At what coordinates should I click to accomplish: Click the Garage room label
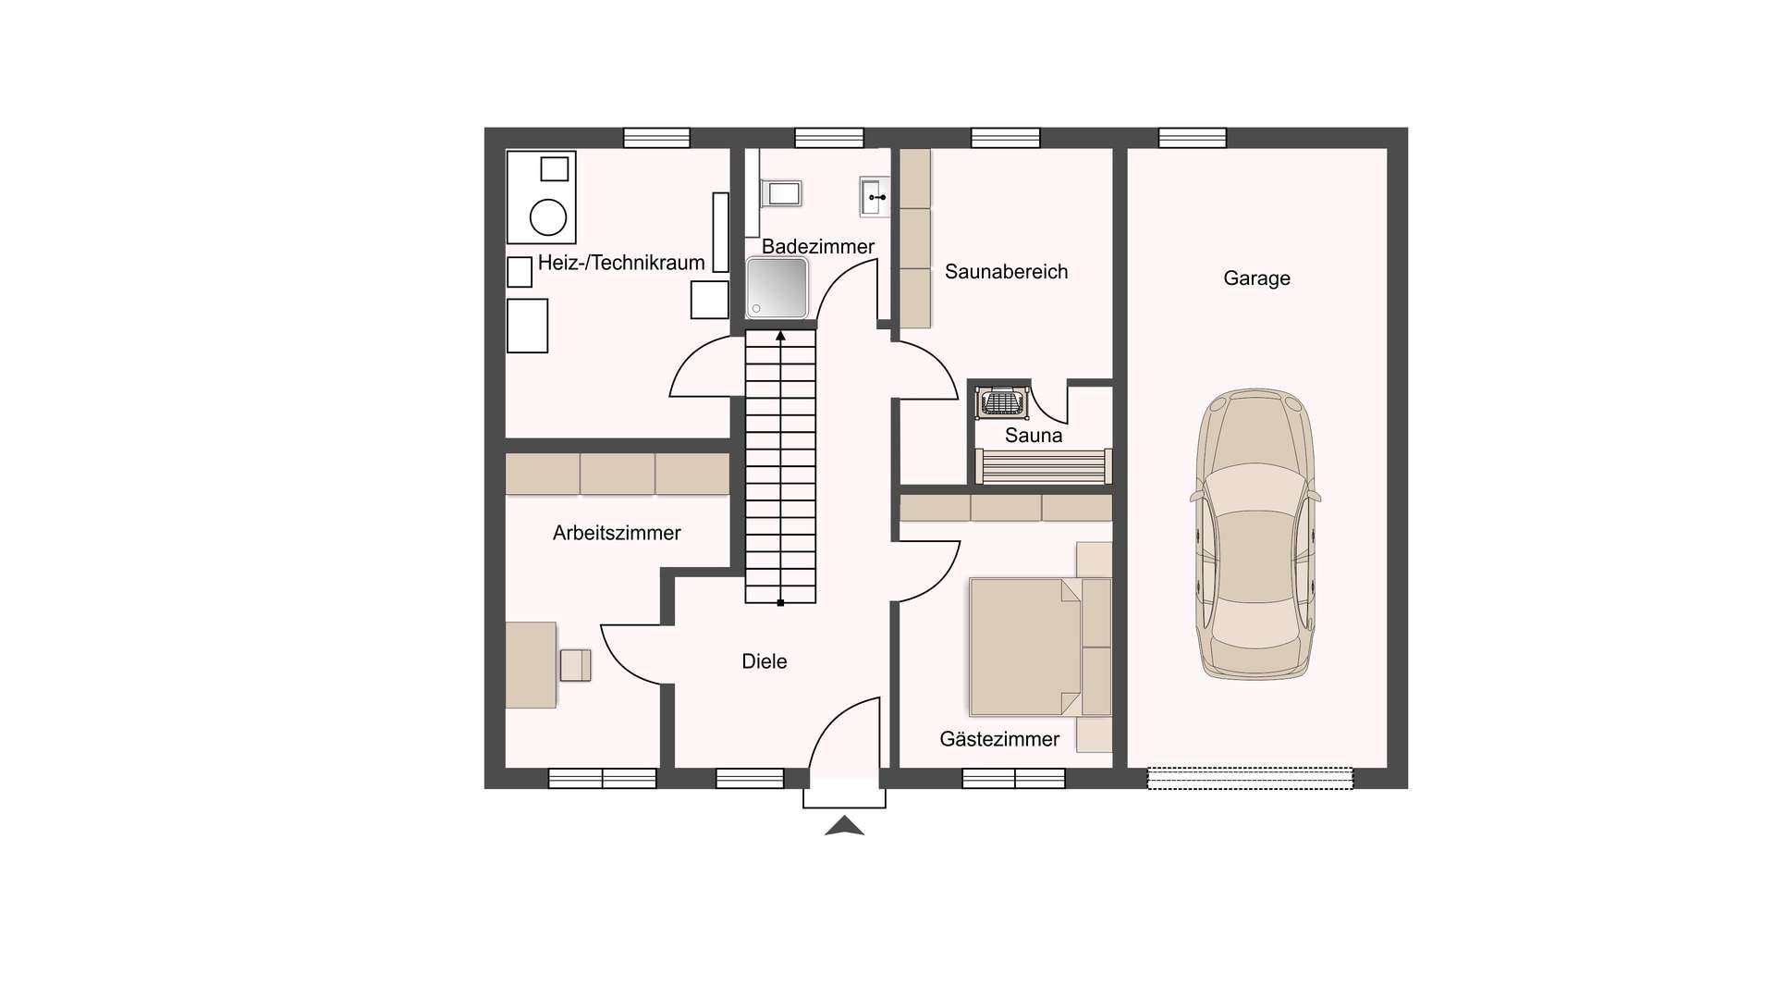pyautogui.click(x=1256, y=278)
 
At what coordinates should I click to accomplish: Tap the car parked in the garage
pyautogui.click(x=1255, y=535)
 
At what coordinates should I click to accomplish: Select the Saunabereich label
pyautogui.click(x=1006, y=272)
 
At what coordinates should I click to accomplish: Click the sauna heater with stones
pyautogui.click(x=1002, y=402)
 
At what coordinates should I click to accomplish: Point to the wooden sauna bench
pyautogui.click(x=1044, y=466)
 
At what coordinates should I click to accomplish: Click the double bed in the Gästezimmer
pyautogui.click(x=1040, y=647)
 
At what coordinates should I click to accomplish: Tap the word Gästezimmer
pyautogui.click(x=999, y=739)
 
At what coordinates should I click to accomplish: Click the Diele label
pyautogui.click(x=765, y=661)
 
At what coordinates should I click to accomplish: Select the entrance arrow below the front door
pyautogui.click(x=844, y=826)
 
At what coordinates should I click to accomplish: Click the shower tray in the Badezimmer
pyautogui.click(x=777, y=289)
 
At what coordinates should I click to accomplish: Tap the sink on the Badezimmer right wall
pyautogui.click(x=875, y=197)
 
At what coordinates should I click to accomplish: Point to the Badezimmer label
pyautogui.click(x=818, y=247)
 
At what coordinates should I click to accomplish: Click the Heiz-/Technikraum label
pyautogui.click(x=621, y=263)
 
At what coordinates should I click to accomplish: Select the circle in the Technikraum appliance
pyautogui.click(x=548, y=218)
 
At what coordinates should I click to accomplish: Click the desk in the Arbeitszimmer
pyautogui.click(x=531, y=665)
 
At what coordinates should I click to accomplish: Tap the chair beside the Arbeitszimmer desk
pyautogui.click(x=575, y=666)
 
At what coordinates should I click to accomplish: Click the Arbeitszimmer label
pyautogui.click(x=617, y=533)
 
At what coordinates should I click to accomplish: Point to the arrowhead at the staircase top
pyautogui.click(x=780, y=336)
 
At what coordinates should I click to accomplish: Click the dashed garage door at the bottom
pyautogui.click(x=1250, y=779)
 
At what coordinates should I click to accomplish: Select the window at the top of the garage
pyautogui.click(x=1193, y=138)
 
